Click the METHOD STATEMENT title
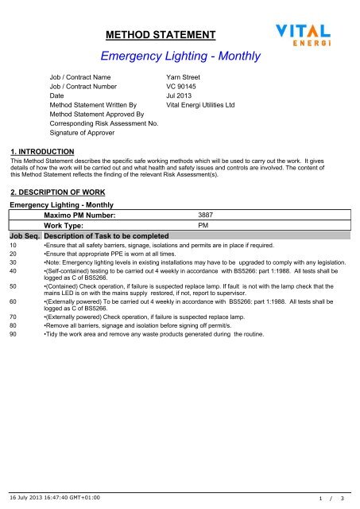click(x=162, y=34)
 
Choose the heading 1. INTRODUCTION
click(x=40, y=151)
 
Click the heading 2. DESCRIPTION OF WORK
click(x=53, y=192)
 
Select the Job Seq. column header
click(x=25, y=237)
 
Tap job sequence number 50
click(x=13, y=285)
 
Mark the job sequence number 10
click(x=13, y=247)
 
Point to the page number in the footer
click(x=329, y=497)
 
